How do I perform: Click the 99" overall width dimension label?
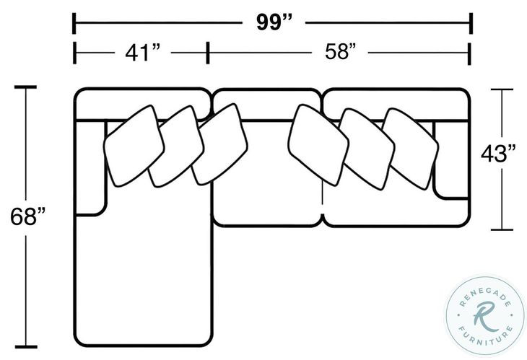[274, 22]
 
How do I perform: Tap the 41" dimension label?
[142, 53]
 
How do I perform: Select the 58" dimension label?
[340, 52]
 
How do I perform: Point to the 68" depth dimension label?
[27, 216]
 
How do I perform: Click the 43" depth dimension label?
[498, 154]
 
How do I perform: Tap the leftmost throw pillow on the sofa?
[134, 146]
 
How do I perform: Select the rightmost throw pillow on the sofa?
[410, 149]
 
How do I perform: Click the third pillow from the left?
[219, 144]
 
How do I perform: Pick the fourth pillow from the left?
[318, 145]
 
